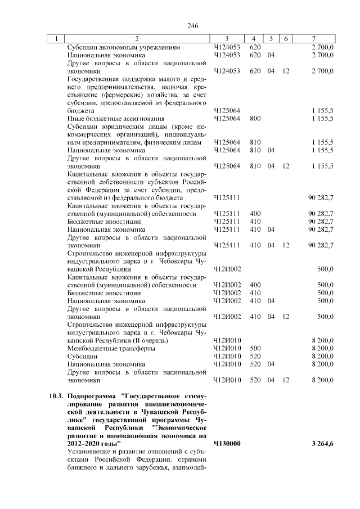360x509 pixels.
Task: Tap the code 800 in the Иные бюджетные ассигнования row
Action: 255,119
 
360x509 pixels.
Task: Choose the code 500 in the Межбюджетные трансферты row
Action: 255,348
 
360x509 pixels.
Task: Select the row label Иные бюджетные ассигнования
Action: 107,119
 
